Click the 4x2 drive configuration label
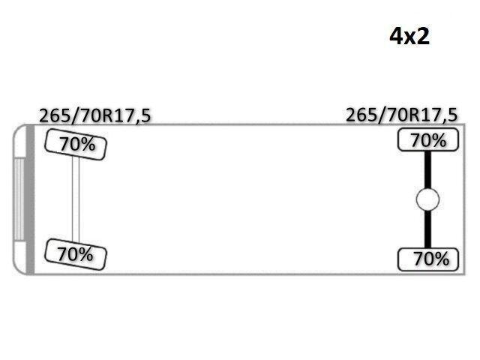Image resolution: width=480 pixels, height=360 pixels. (x=409, y=37)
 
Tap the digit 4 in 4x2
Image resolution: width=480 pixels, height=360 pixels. (x=395, y=37)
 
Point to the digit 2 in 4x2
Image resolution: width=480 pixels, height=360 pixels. (x=423, y=37)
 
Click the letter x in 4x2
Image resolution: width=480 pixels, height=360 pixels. (x=409, y=38)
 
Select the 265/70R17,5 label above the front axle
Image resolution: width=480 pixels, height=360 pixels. (x=95, y=116)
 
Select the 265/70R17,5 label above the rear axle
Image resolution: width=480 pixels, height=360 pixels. (x=401, y=115)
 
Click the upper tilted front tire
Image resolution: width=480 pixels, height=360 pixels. (x=76, y=145)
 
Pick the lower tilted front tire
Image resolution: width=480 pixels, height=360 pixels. (x=75, y=254)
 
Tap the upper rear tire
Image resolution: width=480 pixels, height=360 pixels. (x=428, y=139)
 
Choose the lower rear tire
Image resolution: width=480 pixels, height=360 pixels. (x=428, y=259)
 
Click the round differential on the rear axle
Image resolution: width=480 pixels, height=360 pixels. (x=427, y=199)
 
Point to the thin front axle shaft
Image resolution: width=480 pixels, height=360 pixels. (x=76, y=199)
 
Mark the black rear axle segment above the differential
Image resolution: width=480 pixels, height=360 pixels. (x=427, y=170)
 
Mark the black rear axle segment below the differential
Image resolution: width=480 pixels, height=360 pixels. (x=427, y=229)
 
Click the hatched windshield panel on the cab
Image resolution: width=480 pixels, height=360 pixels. (x=19, y=199)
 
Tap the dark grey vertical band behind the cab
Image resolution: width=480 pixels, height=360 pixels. (x=30, y=199)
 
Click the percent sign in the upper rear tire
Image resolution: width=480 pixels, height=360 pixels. (x=438, y=140)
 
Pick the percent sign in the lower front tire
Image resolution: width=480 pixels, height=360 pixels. (x=85, y=255)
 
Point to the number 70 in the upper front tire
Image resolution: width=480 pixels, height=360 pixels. (x=69, y=143)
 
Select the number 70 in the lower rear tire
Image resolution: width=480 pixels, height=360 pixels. (x=423, y=259)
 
